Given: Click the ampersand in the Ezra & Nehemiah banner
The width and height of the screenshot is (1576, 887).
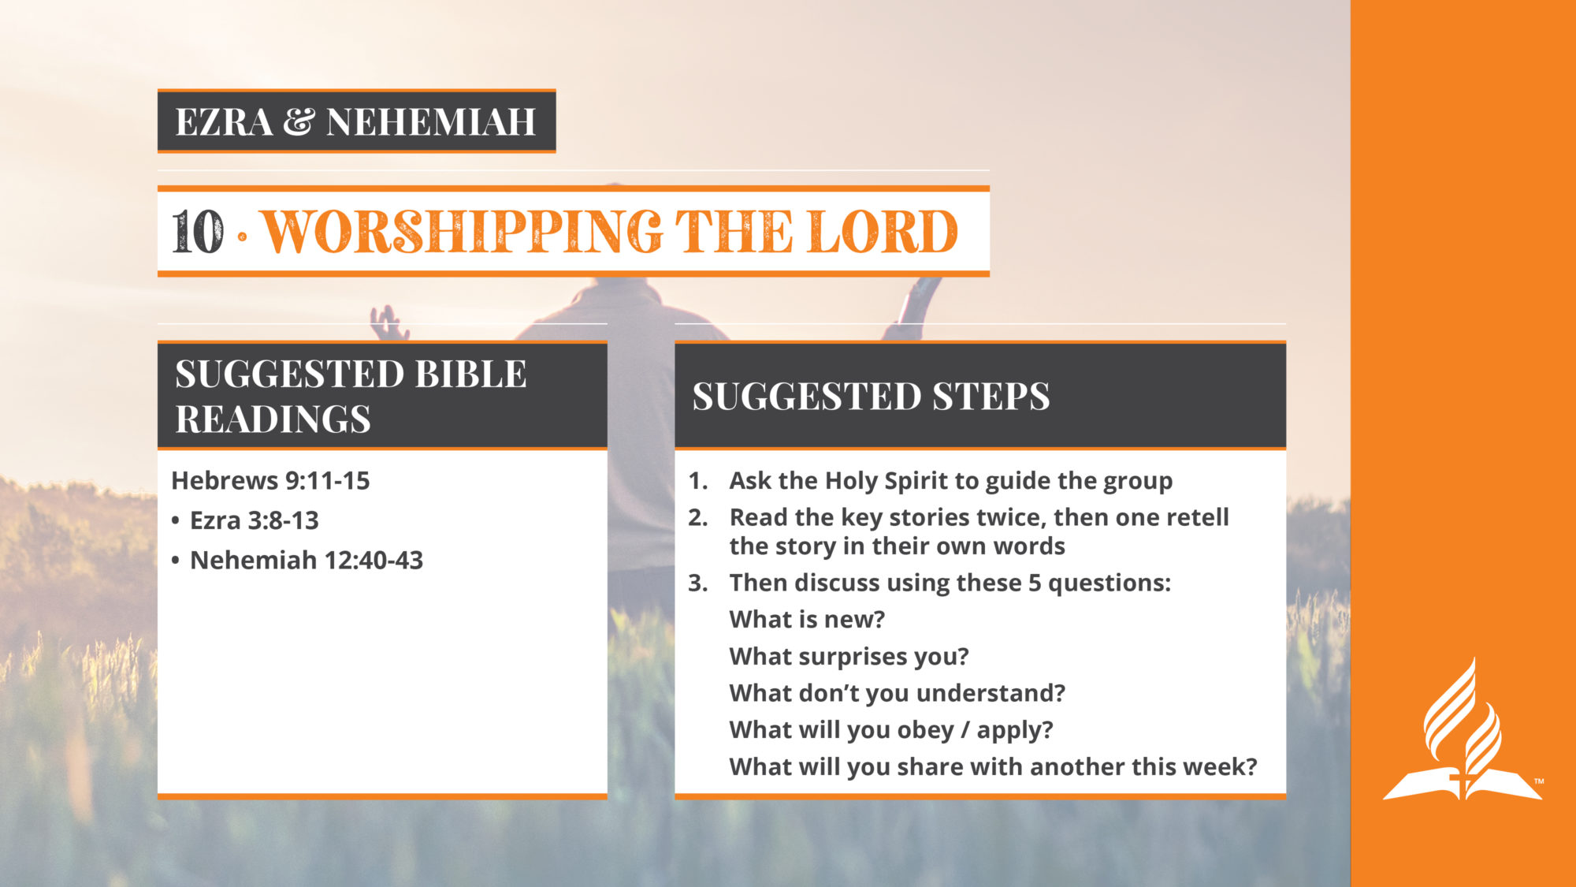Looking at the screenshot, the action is point(299,121).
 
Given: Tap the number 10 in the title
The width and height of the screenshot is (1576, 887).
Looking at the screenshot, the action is point(198,232).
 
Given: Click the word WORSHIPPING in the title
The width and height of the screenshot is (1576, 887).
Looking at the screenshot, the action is point(462,232).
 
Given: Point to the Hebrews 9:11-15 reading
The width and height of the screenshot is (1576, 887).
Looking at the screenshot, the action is point(270,480).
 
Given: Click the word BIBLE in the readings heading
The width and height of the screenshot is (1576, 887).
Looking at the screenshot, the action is point(470,374).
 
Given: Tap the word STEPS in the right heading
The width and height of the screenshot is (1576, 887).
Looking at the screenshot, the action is point(991,396).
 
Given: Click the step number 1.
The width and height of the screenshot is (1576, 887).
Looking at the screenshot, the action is point(697,480).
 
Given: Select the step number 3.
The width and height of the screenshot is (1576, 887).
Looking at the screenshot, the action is point(697,583).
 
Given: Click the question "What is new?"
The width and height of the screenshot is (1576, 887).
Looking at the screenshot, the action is point(807,619).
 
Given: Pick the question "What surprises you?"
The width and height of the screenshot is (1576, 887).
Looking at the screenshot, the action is point(849,656).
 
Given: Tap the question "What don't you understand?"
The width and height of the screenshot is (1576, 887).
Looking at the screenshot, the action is point(897,692).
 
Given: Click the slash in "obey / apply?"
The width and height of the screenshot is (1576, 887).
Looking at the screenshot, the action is point(965,730).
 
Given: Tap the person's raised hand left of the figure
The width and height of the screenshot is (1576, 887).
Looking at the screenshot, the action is point(389,322).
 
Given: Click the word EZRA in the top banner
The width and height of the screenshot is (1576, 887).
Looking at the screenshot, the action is point(225,121).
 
